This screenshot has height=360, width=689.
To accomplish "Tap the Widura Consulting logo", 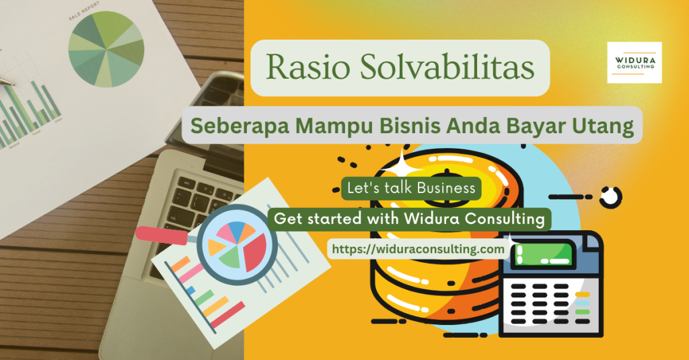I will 634,63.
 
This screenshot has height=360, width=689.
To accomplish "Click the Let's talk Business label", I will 411,188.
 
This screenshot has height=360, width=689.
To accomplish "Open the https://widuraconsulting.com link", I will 418,249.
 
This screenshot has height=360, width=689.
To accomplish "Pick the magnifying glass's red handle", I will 164,234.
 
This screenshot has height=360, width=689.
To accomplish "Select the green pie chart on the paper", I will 106,48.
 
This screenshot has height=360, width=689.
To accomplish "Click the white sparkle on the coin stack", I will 404,161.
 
